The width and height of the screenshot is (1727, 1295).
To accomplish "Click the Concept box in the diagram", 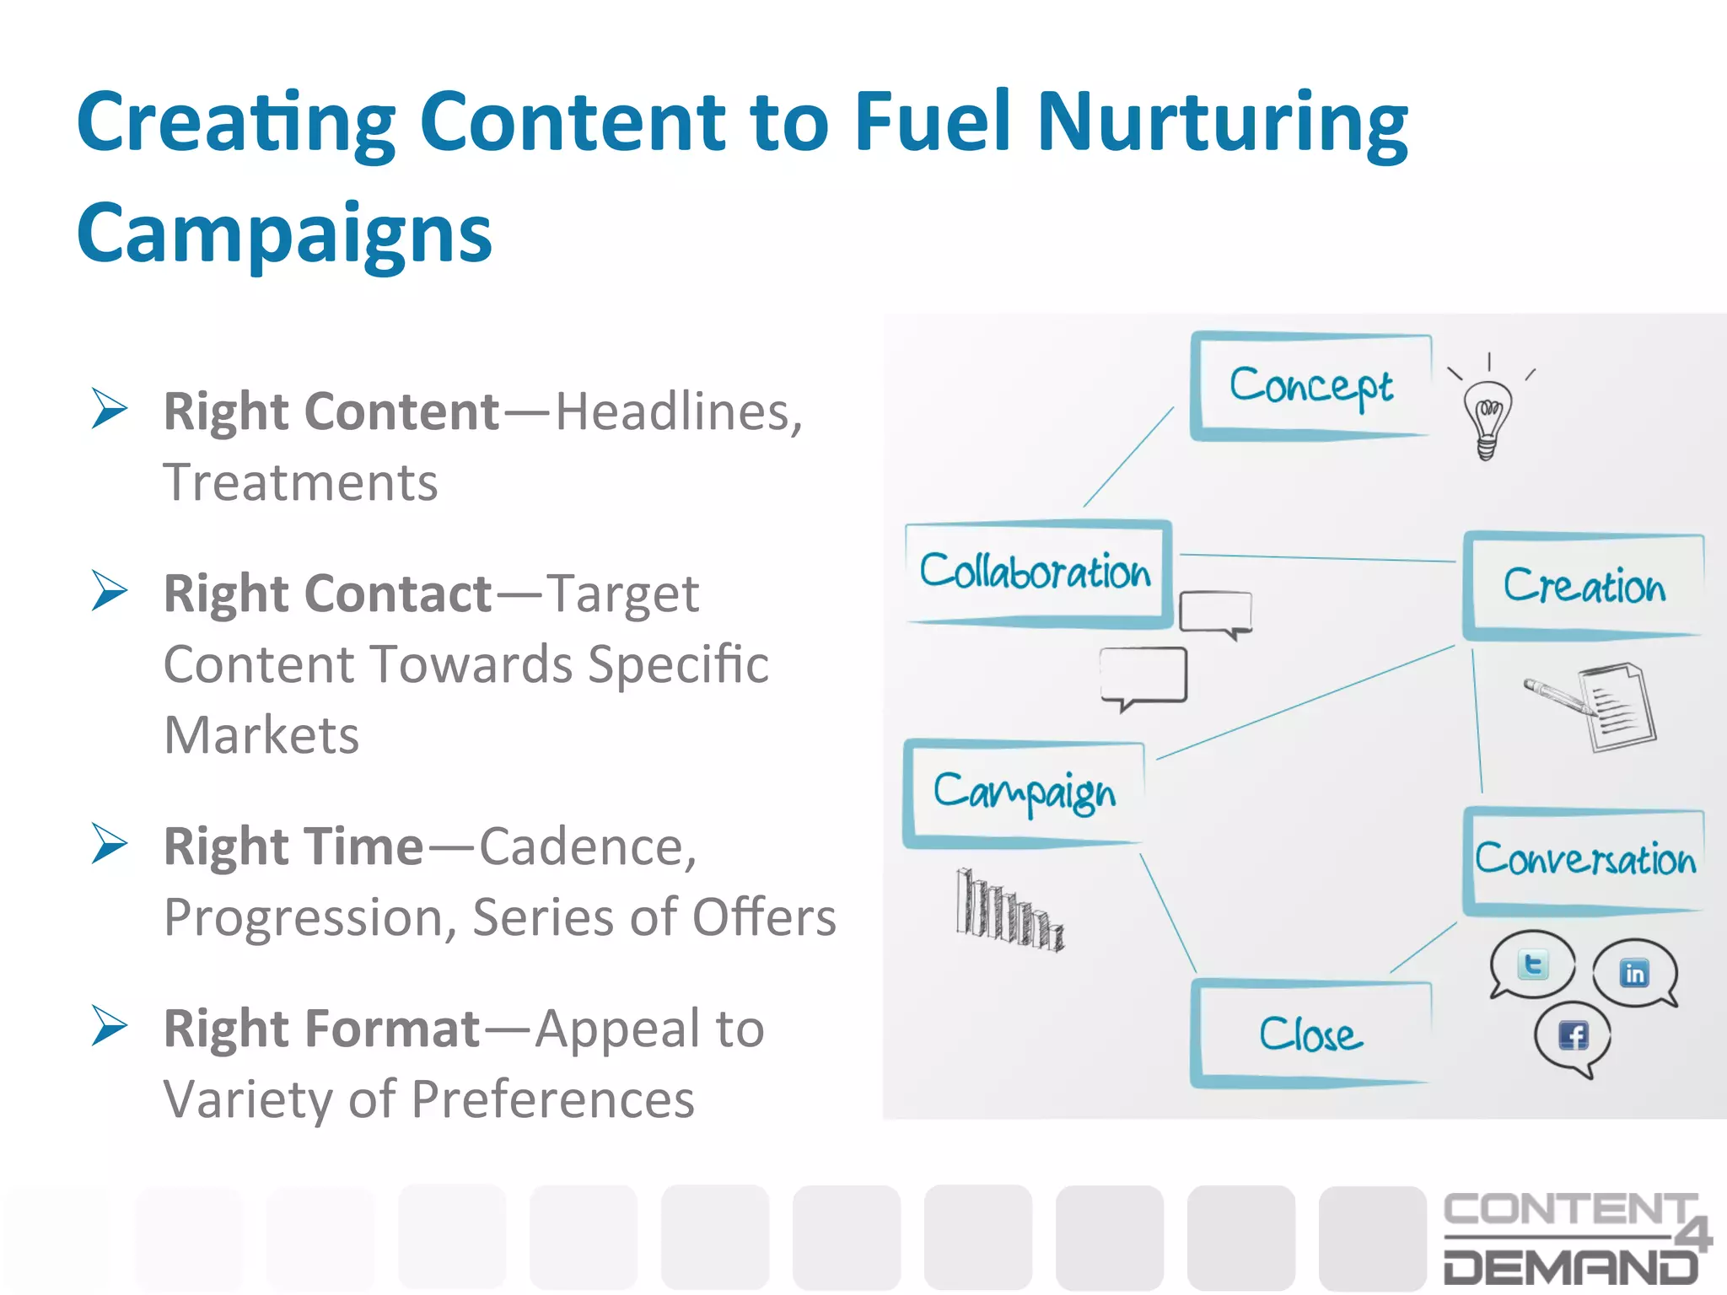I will (1311, 386).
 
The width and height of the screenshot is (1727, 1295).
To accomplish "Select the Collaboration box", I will (1036, 572).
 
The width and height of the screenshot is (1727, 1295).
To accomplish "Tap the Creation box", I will (1584, 585).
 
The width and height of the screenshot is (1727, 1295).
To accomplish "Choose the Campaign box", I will (1024, 793).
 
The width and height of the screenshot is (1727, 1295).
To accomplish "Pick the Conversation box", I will (1584, 860).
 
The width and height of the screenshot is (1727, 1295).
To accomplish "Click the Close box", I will (1311, 1034).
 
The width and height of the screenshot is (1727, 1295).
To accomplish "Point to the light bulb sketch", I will (1488, 416).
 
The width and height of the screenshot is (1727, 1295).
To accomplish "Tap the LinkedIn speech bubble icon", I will (1634, 973).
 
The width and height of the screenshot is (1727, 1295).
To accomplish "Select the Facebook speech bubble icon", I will (1573, 1036).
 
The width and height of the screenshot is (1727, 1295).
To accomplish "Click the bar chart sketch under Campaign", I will (1009, 911).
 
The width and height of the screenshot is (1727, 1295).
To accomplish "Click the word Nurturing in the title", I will (1222, 125).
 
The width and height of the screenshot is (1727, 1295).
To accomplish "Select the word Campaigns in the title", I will (284, 234).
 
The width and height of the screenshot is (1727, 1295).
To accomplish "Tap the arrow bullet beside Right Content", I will (110, 410).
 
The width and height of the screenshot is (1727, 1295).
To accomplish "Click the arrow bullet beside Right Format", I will (110, 1026).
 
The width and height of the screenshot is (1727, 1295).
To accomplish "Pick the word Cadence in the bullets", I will (588, 846).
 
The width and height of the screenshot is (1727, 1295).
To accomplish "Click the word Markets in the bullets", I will (261, 735).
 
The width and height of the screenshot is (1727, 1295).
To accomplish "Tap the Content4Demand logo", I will (1574, 1237).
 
